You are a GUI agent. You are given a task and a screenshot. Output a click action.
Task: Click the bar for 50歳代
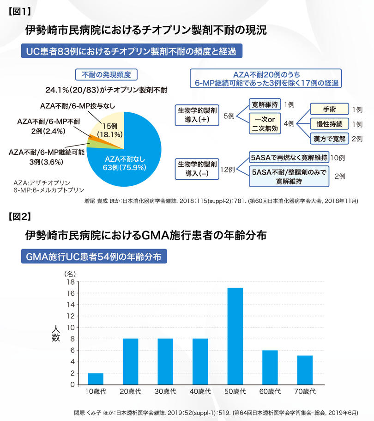[235, 336]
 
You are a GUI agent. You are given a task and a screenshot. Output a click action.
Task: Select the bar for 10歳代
[96, 378]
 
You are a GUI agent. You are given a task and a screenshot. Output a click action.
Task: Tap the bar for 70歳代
[305, 370]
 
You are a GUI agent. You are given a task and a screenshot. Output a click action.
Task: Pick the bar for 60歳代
[270, 367]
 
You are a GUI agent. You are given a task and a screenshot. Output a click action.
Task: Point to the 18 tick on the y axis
[71, 282]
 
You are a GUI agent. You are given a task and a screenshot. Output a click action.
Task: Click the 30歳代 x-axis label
[165, 391]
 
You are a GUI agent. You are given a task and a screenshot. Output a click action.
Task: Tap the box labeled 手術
[329, 110]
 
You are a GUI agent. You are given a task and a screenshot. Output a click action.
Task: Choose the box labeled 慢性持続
[329, 124]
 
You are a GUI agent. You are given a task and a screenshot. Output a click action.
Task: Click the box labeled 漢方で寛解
[329, 139]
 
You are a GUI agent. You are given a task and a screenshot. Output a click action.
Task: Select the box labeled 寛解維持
[264, 104]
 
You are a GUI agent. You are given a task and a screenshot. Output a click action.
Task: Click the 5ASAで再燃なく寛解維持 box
[290, 158]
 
